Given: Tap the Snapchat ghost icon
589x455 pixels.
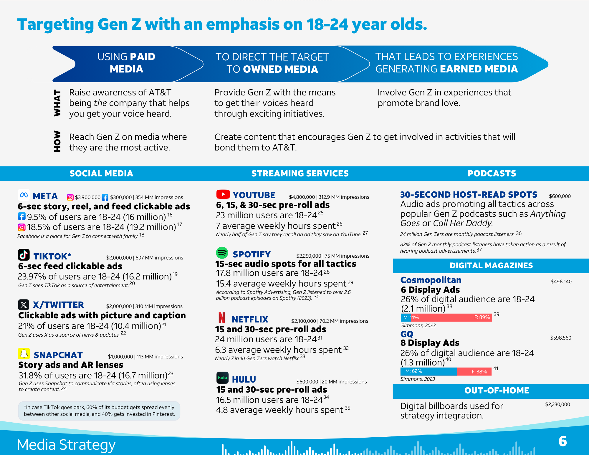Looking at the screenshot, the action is pyautogui.click(x=24, y=354).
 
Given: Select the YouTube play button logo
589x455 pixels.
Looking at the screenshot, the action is pyautogui.click(x=223, y=194).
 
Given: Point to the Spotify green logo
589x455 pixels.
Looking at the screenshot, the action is pyautogui.click(x=222, y=253).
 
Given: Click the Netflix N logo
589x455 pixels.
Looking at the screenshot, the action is pyautogui.click(x=222, y=318).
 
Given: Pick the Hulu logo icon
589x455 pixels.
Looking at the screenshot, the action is pyautogui.click(x=222, y=378).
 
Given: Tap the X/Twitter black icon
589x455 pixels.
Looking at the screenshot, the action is pyautogui.click(x=24, y=305).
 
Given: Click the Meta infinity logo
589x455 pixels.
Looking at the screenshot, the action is pyautogui.click(x=24, y=195).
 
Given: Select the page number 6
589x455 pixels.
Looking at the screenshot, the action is pyautogui.click(x=562, y=441).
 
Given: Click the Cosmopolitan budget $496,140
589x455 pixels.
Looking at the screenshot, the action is pyautogui.click(x=561, y=282).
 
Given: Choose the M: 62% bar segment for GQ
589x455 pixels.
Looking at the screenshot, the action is pyautogui.click(x=429, y=371).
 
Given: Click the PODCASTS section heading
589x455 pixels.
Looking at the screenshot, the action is pyautogui.click(x=492, y=173).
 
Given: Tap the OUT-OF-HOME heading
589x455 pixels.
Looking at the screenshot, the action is pyautogui.click(x=497, y=391).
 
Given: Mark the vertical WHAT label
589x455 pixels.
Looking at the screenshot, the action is pyautogui.click(x=57, y=103).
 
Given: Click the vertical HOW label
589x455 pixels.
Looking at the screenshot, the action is pyautogui.click(x=57, y=141).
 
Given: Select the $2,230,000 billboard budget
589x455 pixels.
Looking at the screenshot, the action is pyautogui.click(x=557, y=404).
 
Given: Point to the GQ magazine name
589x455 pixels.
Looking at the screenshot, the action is pyautogui.click(x=407, y=334).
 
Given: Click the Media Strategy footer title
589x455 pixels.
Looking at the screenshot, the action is pyautogui.click(x=66, y=445).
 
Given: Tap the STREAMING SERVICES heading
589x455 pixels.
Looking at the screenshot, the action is pyautogui.click(x=300, y=173).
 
